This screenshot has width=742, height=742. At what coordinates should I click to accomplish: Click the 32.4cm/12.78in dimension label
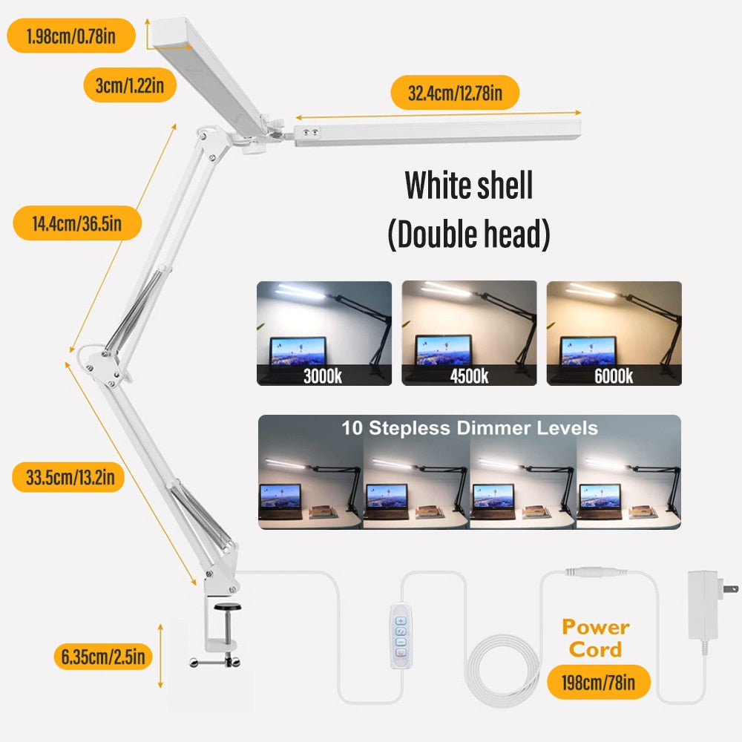(455, 93)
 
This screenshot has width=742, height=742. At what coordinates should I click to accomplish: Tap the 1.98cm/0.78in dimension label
(71, 36)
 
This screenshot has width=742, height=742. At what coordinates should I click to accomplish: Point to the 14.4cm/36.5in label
(76, 222)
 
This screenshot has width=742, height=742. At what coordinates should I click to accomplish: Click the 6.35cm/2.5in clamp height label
(103, 656)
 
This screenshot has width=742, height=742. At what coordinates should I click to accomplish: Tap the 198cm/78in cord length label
(599, 682)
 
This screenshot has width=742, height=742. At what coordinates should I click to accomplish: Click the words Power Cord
(595, 638)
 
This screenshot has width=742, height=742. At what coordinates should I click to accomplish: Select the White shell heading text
(468, 185)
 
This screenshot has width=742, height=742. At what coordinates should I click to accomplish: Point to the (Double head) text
(468, 234)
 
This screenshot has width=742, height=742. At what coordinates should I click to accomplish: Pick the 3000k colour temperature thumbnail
(324, 333)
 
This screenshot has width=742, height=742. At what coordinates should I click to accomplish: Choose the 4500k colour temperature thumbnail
(469, 333)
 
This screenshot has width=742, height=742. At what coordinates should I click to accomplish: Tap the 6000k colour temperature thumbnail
(614, 333)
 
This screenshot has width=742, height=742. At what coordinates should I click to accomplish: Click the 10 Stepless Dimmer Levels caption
(469, 428)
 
